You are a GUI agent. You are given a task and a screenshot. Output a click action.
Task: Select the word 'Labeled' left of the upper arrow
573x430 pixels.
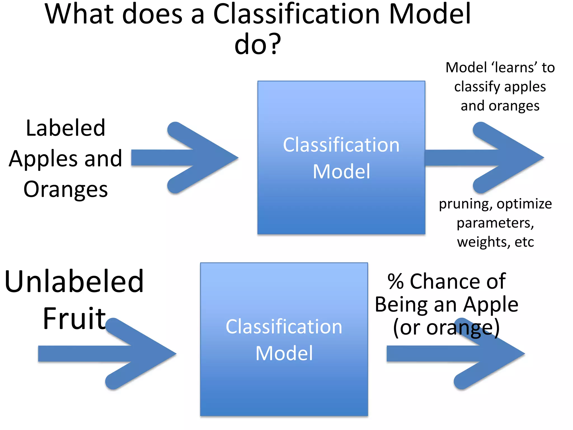(65, 128)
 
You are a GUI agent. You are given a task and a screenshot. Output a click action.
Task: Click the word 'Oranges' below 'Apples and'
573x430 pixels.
(65, 190)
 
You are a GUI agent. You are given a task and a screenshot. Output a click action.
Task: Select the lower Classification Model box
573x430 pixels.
(284, 386)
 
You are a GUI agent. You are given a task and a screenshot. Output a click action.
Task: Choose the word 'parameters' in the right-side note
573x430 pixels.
(495, 223)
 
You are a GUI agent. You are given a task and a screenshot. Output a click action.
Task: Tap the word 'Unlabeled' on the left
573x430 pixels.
(74, 281)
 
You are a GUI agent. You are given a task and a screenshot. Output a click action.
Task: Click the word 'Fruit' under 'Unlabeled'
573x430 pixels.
(74, 318)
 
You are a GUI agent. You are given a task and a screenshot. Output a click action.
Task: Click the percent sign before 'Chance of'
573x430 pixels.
(395, 281)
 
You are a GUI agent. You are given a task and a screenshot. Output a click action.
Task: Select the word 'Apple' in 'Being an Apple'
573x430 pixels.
(490, 304)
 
